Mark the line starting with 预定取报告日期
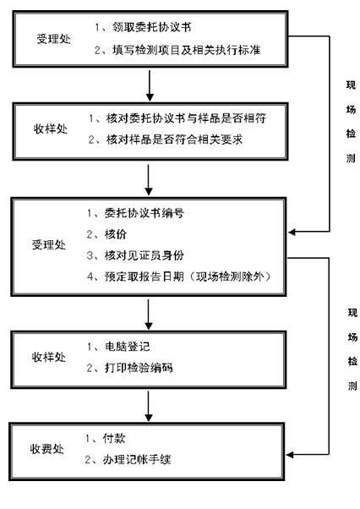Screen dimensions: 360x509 pos(178,276)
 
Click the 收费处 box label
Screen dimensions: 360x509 pos(47,449)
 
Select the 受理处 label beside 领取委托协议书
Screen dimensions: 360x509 pos(53,39)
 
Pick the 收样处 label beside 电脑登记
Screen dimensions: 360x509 pos(49,357)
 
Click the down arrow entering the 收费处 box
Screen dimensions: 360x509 pos(148,407)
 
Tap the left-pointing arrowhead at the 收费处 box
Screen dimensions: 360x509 pos(290,455)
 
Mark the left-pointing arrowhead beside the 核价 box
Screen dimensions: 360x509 pos(292,232)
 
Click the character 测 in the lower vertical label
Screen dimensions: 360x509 pos(352,386)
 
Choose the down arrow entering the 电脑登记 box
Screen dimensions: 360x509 pos(148,315)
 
